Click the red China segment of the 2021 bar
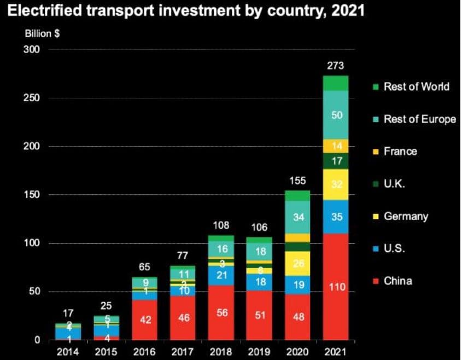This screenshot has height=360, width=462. point(335,287)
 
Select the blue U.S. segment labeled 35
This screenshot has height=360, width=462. point(335,217)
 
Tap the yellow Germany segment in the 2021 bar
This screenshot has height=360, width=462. point(335,184)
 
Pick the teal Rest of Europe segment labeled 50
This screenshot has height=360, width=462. point(335,115)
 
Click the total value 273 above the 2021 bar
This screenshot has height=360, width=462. point(335,66)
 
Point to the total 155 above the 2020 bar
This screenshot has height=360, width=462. point(297,181)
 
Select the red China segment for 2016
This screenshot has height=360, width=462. point(144,320)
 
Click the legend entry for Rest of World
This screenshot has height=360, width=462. point(416,86)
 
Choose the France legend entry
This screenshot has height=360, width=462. point(400,152)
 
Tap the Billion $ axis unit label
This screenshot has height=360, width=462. point(42,33)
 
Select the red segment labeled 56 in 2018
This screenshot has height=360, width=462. point(221,312)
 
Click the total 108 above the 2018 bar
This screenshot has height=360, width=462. point(221,225)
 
